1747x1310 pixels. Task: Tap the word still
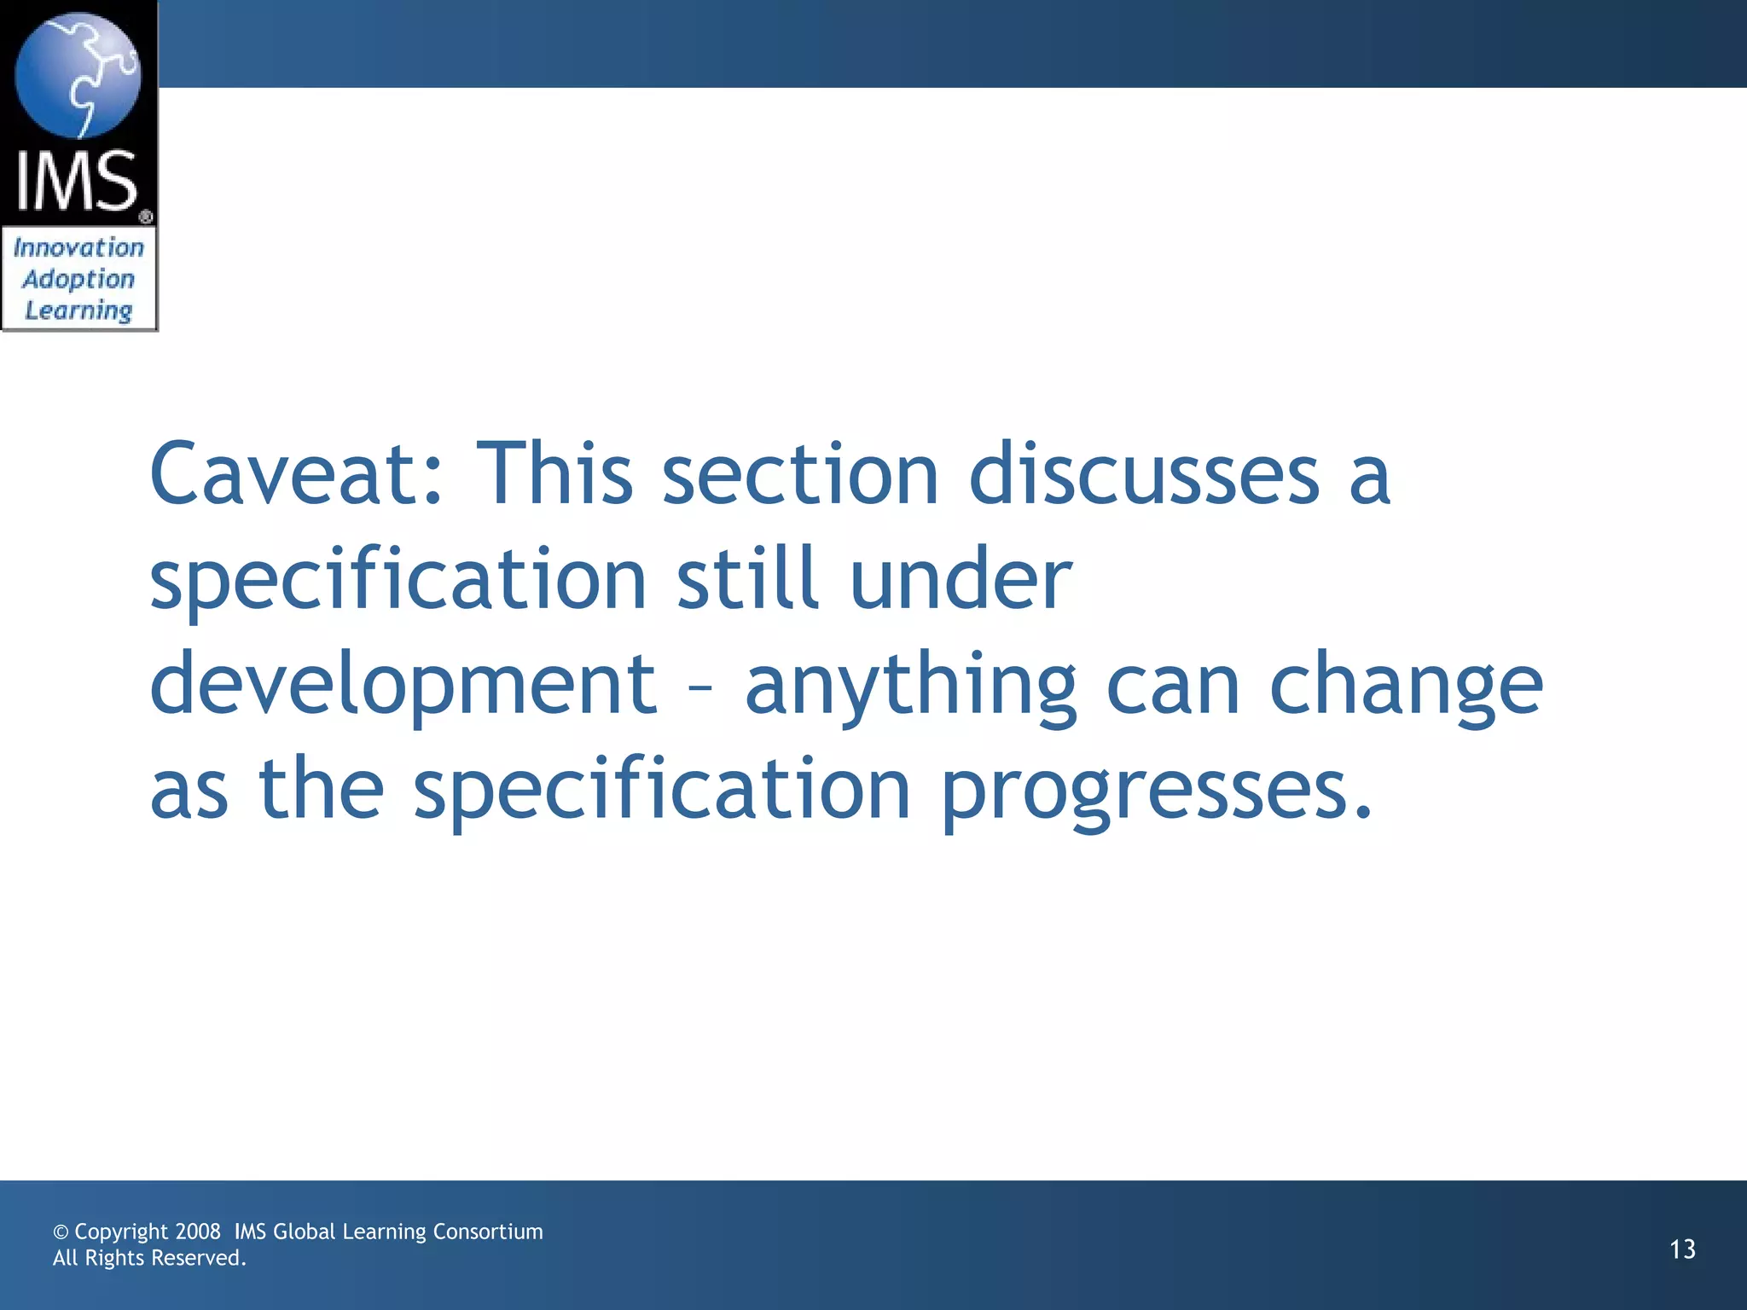tap(747, 579)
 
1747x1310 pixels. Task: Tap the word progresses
tap(1156, 791)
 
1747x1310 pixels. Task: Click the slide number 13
tap(1682, 1249)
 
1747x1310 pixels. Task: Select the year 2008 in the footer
tap(197, 1232)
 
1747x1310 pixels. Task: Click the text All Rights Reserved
tap(149, 1258)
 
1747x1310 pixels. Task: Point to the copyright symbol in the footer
tap(61, 1232)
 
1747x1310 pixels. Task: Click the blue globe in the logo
tap(78, 74)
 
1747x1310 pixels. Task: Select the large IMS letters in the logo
tap(77, 181)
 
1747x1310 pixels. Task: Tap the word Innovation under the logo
tap(78, 247)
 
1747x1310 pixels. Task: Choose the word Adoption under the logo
tap(78, 279)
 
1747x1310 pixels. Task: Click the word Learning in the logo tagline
tap(78, 310)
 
